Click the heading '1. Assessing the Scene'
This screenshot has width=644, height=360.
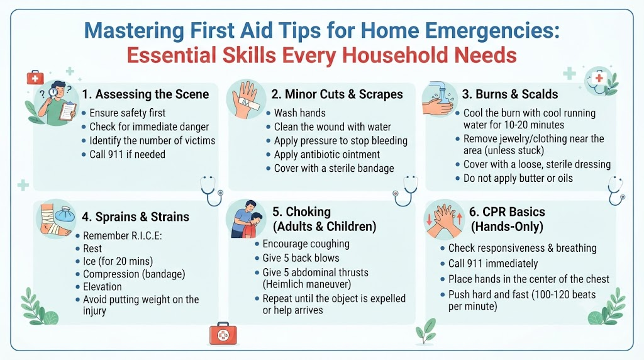point(145,94)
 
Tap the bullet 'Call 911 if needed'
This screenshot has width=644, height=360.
point(127,155)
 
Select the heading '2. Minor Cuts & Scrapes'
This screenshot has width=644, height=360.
point(337,94)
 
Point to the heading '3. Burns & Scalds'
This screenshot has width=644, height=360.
point(510,94)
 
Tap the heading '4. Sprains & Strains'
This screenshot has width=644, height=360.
point(136,217)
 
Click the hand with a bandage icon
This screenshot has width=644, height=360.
point(247,99)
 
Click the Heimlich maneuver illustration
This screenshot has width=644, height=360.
point(247,219)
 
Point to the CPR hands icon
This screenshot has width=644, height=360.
point(444,220)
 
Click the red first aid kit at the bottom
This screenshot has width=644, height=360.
point(223,334)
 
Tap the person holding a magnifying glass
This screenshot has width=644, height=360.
point(57,103)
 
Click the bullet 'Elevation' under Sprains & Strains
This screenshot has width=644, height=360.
point(103,287)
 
